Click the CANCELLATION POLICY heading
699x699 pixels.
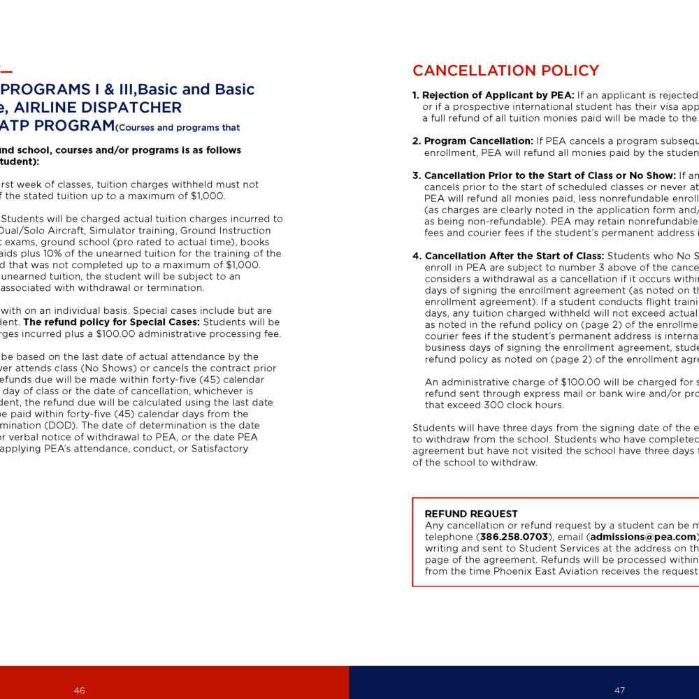click(x=505, y=71)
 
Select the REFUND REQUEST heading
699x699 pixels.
click(x=471, y=514)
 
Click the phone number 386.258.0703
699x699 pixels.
click(x=514, y=537)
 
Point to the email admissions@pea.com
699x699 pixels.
click(x=637, y=537)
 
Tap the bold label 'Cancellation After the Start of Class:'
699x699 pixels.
click(x=514, y=256)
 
